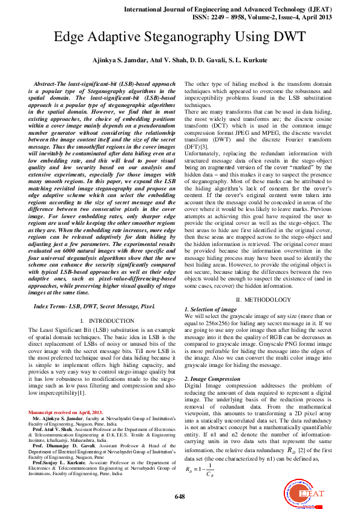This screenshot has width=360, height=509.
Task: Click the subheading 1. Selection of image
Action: tap(211, 309)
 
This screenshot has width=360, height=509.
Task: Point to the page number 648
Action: tap(180, 496)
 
